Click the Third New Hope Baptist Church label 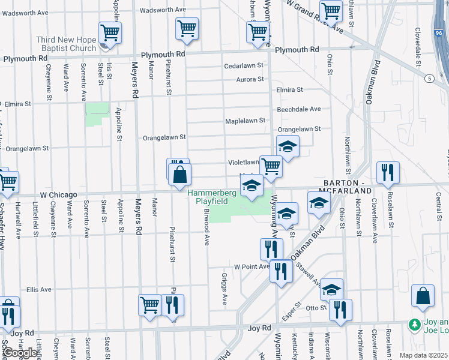pyautogui.click(x=66, y=44)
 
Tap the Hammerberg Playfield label pyautogui.click(x=209, y=197)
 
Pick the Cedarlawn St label pyautogui.click(x=243, y=65)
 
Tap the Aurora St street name pyautogui.click(x=249, y=79)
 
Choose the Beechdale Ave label pyautogui.click(x=299, y=109)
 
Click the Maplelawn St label pyautogui.click(x=245, y=121)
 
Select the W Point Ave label pyautogui.click(x=252, y=266)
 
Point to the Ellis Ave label pyautogui.click(x=38, y=289)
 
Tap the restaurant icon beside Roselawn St pyautogui.click(x=387, y=172)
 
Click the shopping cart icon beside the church pyautogui.click(x=110, y=32)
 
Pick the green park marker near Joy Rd pyautogui.click(x=414, y=325)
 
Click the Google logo pyautogui.click(x=20, y=352)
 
